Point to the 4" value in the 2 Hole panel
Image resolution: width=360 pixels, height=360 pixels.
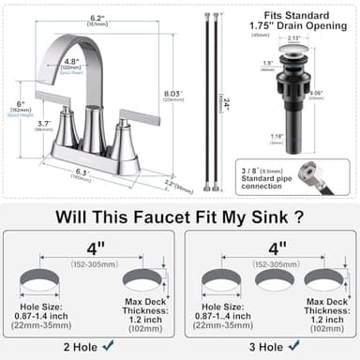coord(92,250)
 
